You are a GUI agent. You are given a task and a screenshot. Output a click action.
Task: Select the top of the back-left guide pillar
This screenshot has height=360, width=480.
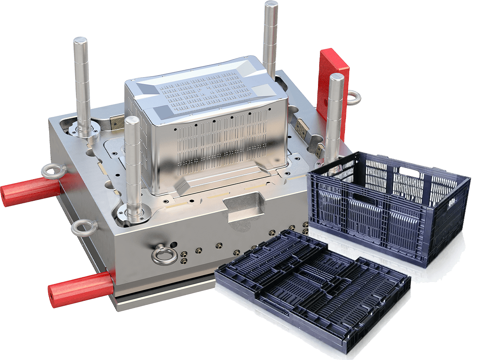click(x=80, y=40)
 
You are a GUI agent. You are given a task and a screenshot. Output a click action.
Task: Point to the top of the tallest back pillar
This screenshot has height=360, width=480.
click(x=271, y=5)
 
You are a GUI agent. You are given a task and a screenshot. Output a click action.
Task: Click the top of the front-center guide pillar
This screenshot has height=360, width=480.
click(x=132, y=120)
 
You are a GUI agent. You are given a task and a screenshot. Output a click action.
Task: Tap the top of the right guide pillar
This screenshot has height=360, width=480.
click(x=336, y=77)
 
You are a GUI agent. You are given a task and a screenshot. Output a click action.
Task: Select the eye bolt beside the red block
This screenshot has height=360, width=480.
click(x=354, y=98)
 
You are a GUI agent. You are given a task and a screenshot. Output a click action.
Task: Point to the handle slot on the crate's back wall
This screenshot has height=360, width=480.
click(x=408, y=173)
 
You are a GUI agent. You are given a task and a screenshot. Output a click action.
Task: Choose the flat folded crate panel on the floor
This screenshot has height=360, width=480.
click(x=312, y=288)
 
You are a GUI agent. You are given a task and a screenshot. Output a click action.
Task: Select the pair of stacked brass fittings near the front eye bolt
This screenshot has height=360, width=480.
click(x=184, y=258)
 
